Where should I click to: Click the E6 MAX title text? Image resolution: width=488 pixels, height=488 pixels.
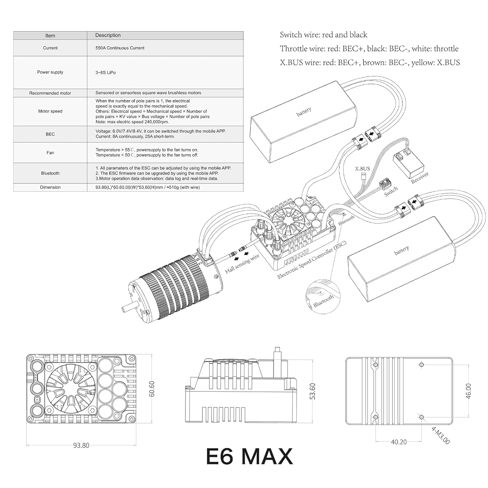(249, 456)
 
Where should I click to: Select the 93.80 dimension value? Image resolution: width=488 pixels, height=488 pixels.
(81, 445)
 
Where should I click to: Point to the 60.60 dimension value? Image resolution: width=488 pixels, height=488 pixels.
(152, 389)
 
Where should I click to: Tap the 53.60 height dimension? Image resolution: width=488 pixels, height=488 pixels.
(312, 391)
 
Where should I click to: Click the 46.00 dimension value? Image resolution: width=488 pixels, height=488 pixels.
(468, 391)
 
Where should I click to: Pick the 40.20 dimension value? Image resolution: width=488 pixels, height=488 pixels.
(399, 442)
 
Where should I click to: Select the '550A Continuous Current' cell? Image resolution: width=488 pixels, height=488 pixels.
(120, 48)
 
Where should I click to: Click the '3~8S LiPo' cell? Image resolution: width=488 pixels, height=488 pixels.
(105, 73)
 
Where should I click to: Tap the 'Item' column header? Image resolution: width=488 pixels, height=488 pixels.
(50, 35)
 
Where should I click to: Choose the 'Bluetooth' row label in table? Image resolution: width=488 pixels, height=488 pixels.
(50, 173)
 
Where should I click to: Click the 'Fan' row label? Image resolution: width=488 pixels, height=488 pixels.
(50, 153)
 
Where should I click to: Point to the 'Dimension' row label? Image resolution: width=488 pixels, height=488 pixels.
(50, 187)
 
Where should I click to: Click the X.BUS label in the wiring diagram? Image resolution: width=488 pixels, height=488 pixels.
(362, 169)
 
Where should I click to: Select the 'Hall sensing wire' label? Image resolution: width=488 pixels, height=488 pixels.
(242, 264)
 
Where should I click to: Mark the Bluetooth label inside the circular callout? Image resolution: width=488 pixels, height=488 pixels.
(323, 301)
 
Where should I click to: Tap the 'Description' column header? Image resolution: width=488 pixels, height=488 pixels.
(108, 35)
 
